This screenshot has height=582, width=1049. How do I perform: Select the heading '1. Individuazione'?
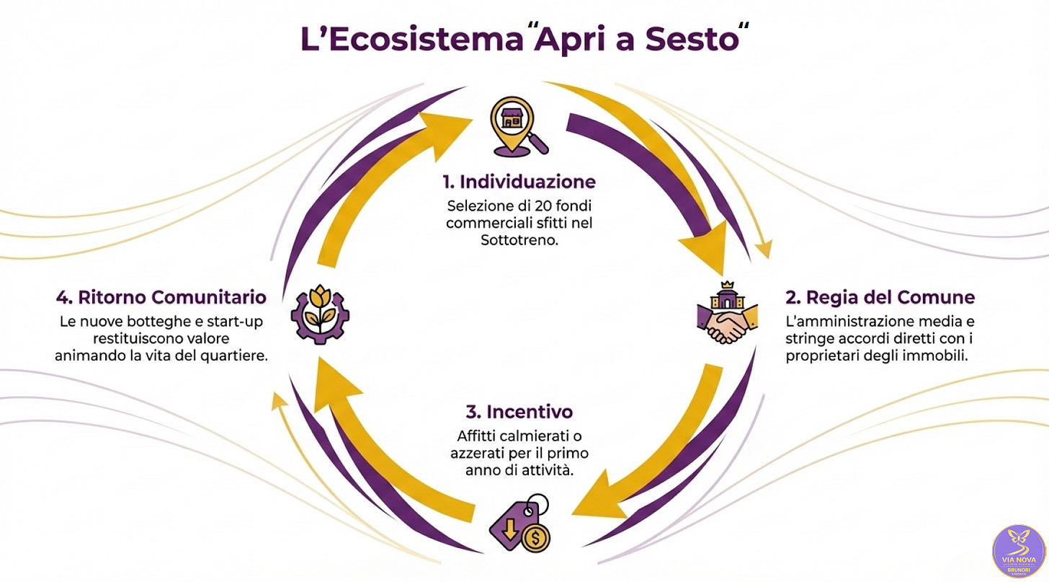click(519, 181)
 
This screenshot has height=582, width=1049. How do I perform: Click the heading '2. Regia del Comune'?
click(880, 297)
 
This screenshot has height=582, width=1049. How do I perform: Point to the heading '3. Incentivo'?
click(519, 412)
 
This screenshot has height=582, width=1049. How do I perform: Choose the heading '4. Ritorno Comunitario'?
click(161, 297)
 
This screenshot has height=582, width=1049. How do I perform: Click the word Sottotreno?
click(519, 241)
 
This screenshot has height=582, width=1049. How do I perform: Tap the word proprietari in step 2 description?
click(820, 356)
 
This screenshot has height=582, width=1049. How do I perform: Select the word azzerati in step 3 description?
click(477, 454)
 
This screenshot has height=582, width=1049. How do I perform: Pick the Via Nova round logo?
click(1019, 552)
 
